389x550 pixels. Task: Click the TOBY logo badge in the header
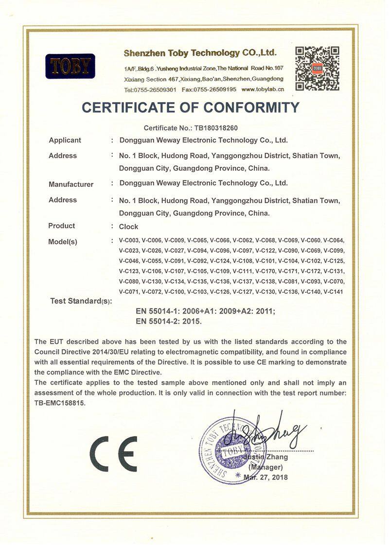pos(70,66)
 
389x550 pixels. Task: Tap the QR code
pos(317,68)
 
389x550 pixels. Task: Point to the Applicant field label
pos(65,141)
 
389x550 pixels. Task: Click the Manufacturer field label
pos(71,184)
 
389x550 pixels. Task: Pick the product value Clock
pos(128,227)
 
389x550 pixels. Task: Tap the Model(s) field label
pos(63,242)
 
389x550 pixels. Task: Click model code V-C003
pos(129,240)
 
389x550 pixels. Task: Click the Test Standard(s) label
pos(81,301)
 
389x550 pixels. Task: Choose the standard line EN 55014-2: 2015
pos(169,321)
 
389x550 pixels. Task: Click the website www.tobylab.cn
pos(263,89)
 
